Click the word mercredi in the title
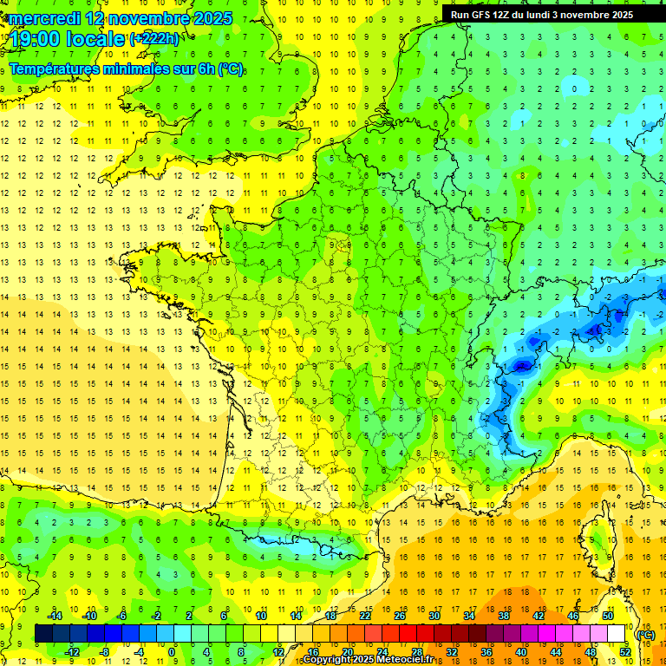point(44,18)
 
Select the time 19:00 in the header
point(36,39)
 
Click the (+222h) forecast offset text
point(154,39)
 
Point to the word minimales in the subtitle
point(125,69)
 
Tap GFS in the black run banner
point(483,15)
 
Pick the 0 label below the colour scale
point(172,652)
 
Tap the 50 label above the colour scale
point(608,616)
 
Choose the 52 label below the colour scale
point(624,652)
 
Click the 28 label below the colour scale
point(416,652)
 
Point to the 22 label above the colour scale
point(365,616)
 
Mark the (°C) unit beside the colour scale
point(646,635)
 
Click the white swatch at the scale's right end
point(617,634)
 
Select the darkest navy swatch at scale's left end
point(43,634)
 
